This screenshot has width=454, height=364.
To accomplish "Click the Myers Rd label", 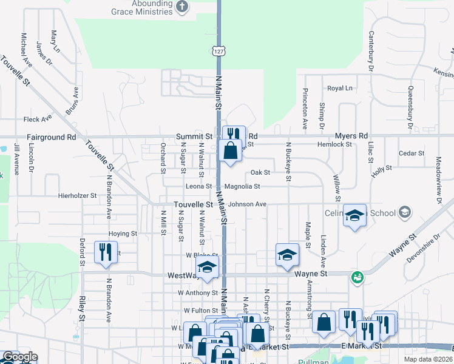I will pos(354,136).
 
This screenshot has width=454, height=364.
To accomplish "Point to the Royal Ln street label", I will pos(339,89).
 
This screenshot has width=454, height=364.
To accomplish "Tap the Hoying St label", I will pos(123,233).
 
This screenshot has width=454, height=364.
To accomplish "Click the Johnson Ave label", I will pos(247,204).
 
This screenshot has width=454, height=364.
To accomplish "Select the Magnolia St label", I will pos(242,187).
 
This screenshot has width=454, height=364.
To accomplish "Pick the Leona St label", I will pos(200,187).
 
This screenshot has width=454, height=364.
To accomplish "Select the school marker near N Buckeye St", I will pos(287,255).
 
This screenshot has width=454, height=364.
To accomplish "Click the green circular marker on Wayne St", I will pos(357,277).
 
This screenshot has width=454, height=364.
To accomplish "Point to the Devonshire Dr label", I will pos(422,249).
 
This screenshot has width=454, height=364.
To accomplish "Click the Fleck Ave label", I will pos(35,120).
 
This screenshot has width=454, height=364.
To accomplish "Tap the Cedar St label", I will pos(412,153).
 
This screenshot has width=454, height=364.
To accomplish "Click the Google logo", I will pos(19,357).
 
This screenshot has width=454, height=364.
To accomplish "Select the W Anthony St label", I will pos(197,292).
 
